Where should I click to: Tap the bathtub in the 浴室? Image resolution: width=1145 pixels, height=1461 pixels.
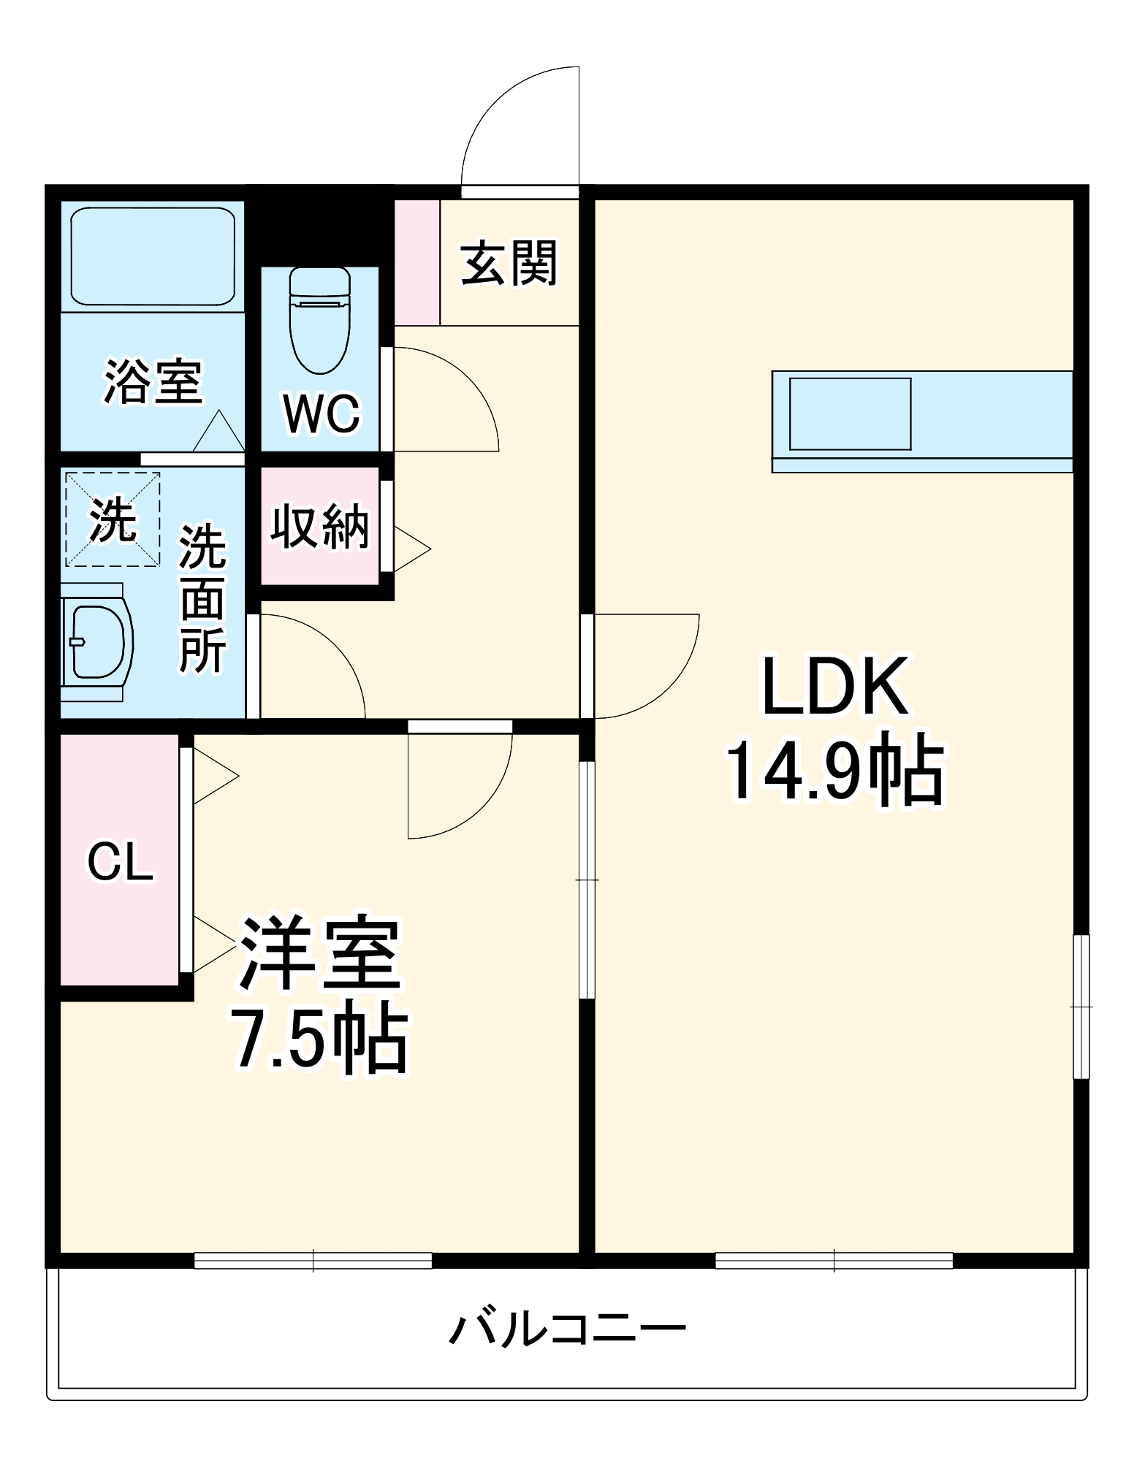pos(153,256)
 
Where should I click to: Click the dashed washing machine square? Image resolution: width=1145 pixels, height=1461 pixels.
pos(113,519)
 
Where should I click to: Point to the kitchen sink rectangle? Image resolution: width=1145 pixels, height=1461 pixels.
pos(850,413)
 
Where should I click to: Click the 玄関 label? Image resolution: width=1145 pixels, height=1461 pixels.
pos(509,263)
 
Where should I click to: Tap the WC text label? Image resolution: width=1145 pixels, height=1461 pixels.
pos(322,414)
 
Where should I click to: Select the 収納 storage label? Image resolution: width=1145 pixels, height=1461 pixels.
pos(320,526)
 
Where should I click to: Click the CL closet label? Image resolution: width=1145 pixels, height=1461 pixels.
pos(121,862)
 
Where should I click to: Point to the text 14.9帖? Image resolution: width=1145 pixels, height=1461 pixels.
pos(835,771)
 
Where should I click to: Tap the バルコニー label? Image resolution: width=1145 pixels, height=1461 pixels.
pos(568,1327)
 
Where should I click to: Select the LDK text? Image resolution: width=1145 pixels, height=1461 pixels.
pos(836,687)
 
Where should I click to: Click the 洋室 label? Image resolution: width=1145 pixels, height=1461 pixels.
pos(319,953)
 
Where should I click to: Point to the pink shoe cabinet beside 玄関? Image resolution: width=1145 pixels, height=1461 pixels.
pos(416,262)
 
